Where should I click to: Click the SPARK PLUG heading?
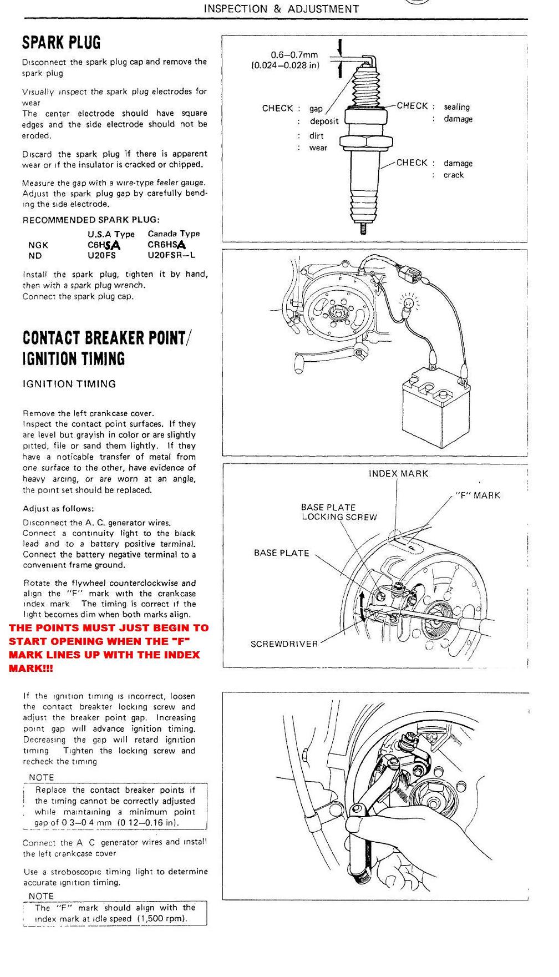point(61,43)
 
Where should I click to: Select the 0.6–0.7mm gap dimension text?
point(294,55)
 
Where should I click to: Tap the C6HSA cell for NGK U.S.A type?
point(104,245)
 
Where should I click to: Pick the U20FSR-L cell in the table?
point(171,256)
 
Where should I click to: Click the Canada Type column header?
point(174,234)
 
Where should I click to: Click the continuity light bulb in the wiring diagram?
point(409,303)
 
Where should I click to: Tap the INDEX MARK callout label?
point(398,474)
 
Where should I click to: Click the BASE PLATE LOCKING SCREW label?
point(339,512)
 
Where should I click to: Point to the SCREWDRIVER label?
point(284,644)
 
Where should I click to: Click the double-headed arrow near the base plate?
point(363,606)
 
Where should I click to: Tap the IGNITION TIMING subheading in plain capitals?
point(69,384)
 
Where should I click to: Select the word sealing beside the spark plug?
point(456,107)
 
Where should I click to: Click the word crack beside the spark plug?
point(453,175)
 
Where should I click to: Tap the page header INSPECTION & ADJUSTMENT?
point(281,9)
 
